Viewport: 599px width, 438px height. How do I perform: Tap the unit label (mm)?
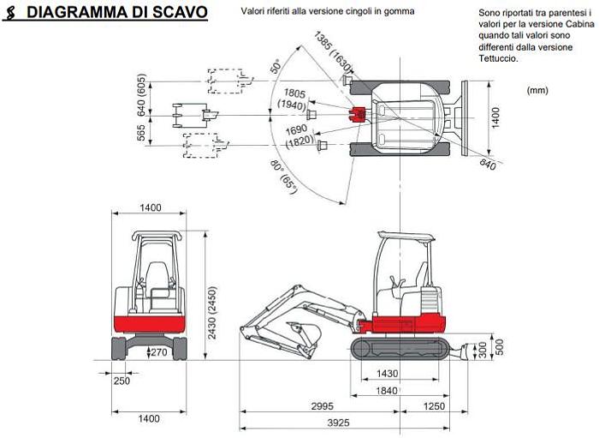(x=538, y=88)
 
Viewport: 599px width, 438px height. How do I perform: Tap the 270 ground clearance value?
(x=158, y=351)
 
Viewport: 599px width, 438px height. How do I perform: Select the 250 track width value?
(x=121, y=381)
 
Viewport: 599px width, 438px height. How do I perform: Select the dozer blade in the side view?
(x=467, y=350)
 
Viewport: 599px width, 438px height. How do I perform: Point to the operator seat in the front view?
(x=155, y=279)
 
